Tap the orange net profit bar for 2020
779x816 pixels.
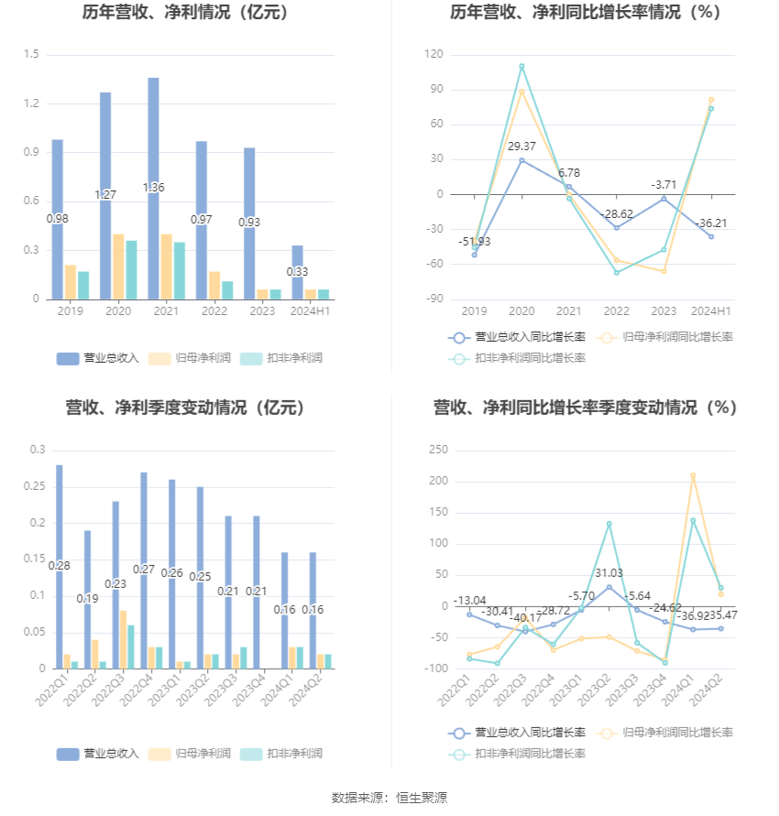coord(118,267)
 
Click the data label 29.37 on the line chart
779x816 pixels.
coord(521,147)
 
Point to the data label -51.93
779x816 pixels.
coord(474,242)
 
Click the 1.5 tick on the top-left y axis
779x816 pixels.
coord(31,55)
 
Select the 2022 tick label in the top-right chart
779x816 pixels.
coord(616,311)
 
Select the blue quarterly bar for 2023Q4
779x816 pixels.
coord(257,592)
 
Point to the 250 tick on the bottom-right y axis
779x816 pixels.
coord(438,450)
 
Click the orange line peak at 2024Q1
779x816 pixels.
coord(693,475)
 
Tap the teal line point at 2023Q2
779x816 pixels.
coord(609,524)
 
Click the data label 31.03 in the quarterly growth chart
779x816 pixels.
coord(609,573)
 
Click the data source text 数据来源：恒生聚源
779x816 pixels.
coord(389,799)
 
